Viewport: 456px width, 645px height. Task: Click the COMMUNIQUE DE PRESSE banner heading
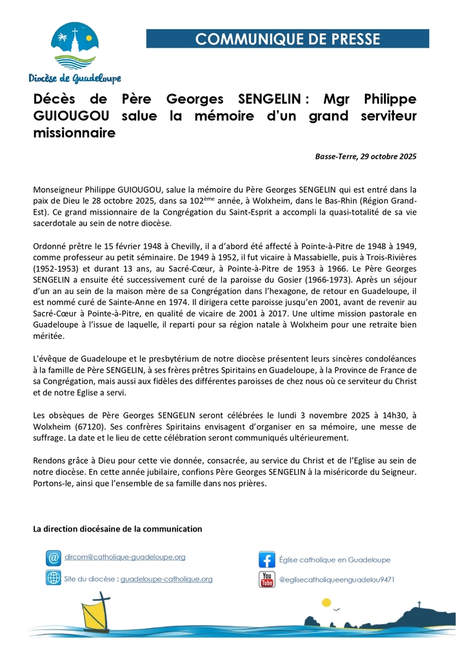point(288,39)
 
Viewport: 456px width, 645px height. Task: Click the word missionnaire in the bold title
point(75,134)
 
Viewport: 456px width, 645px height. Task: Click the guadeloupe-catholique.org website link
point(166,579)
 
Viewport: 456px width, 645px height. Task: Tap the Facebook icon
point(267,559)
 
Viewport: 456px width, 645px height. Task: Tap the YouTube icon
point(267,579)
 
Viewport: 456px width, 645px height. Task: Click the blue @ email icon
point(54,557)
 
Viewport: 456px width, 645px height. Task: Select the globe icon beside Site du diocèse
point(54,578)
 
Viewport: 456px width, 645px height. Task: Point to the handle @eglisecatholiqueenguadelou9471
point(336,580)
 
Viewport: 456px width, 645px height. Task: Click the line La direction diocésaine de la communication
point(117,529)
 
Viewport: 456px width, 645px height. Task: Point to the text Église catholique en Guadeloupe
point(335,560)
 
